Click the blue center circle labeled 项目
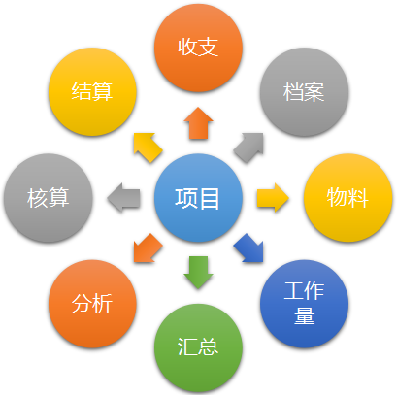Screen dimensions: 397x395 pyautogui.click(x=198, y=198)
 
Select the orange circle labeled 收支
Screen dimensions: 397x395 pyautogui.click(x=198, y=48)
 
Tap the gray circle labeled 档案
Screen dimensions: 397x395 pyautogui.click(x=304, y=92)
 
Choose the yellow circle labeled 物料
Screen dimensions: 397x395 pyautogui.click(x=348, y=198)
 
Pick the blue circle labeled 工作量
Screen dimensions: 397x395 pyautogui.click(x=304, y=304)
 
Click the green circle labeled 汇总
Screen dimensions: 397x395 pyautogui.click(x=198, y=347)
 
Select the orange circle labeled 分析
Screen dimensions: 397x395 pyautogui.click(x=92, y=304)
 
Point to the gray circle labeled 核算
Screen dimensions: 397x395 pyautogui.click(x=49, y=198)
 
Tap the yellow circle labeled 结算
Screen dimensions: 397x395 pyautogui.click(x=92, y=92)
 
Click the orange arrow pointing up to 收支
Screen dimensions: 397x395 pyautogui.click(x=198, y=124)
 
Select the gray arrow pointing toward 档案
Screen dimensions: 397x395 pyautogui.click(x=249, y=147)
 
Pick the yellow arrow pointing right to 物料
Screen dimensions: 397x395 pyautogui.click(x=272, y=198)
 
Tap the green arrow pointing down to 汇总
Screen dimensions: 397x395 pyautogui.click(x=198, y=271)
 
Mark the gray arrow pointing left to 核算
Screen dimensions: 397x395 pyautogui.click(x=124, y=198)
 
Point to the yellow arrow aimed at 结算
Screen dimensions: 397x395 pyautogui.click(x=147, y=147)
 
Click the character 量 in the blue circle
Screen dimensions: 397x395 pyautogui.click(x=304, y=315)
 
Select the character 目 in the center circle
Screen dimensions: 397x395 pyautogui.click(x=210, y=198)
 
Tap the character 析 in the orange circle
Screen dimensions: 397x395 pyautogui.click(x=103, y=304)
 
